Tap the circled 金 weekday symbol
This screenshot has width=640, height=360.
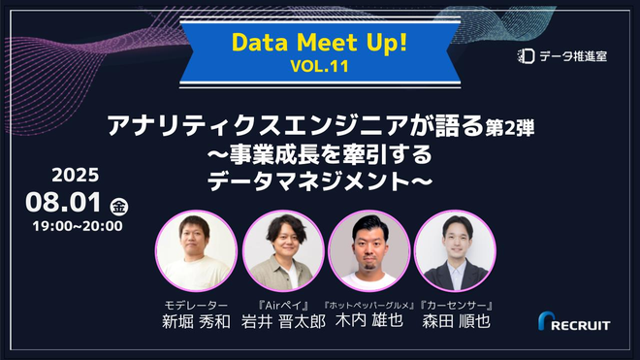coord(120,206)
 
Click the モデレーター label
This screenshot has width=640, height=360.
coord(197,305)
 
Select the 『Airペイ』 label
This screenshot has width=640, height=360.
coord(283,305)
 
